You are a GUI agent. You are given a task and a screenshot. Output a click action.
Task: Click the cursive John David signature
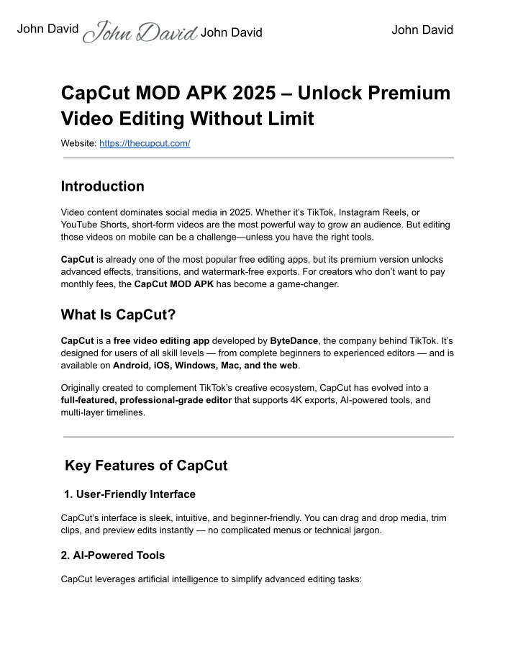pyautogui.click(x=140, y=32)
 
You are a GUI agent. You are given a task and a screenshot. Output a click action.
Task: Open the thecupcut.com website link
pyautogui.click(x=145, y=144)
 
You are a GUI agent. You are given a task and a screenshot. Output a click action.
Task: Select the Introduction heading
pyautogui.click(x=103, y=186)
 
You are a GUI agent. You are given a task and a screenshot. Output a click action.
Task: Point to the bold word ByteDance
pyautogui.click(x=295, y=340)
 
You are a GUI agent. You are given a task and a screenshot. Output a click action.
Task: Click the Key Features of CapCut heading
pyautogui.click(x=146, y=466)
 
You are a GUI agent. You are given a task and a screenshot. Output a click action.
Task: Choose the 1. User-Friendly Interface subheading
pyautogui.click(x=131, y=494)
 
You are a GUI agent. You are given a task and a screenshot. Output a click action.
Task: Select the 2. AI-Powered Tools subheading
pyautogui.click(x=113, y=556)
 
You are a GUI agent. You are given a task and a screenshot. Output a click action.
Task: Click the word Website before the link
pyautogui.click(x=78, y=144)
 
